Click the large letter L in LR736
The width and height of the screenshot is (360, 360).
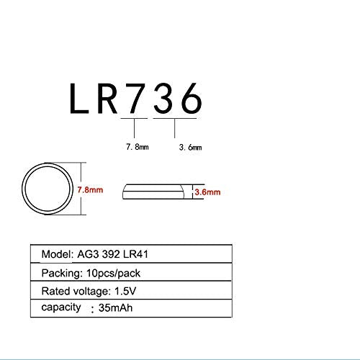78,98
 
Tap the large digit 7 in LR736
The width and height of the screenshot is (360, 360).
135,98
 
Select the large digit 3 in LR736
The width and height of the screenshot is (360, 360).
163,98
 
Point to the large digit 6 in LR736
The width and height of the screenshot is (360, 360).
192,98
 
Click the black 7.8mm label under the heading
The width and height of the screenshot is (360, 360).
138,147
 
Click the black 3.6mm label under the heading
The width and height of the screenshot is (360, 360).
190,147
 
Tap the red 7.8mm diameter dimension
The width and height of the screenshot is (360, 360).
90,190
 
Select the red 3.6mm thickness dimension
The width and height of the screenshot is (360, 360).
207,192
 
